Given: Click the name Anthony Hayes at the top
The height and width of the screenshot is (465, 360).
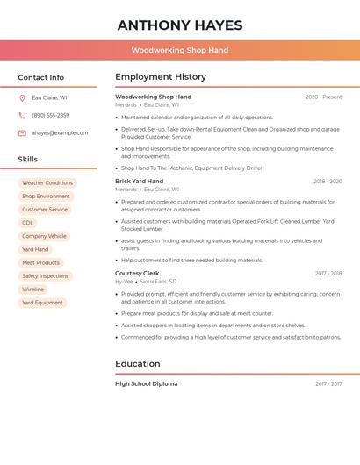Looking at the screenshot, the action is point(179,25).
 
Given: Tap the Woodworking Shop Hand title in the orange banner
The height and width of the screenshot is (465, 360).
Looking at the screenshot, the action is point(179,50).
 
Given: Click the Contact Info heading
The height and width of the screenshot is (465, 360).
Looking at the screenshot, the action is point(41,77).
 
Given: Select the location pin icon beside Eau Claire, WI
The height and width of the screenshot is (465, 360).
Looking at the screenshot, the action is point(22,97).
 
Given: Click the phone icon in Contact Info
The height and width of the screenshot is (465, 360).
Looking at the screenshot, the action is point(22,115).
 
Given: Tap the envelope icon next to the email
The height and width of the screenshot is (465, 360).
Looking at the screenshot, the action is point(22,133).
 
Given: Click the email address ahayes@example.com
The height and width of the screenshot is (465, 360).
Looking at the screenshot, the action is point(60,133).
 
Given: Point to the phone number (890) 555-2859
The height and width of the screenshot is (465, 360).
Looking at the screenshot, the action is point(51,115).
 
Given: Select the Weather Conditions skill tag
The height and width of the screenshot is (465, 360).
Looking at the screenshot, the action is point(47,183).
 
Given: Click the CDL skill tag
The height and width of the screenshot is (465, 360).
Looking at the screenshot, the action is point(28,223).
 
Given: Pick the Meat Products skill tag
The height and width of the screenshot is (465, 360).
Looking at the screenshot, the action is point(40,262).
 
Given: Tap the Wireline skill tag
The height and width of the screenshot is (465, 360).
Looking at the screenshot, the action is point(32,289).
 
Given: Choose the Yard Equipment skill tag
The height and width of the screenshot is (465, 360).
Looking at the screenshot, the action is point(42,303).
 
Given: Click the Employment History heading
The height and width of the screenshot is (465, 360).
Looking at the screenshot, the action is point(161,77).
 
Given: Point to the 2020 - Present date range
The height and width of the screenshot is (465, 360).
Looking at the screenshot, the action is point(323,97).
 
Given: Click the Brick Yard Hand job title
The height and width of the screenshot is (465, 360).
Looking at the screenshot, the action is point(139,181).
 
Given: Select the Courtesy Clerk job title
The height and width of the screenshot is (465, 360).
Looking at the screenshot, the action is point(137,274).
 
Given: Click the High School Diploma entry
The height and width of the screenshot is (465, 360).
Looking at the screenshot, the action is point(146,383).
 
